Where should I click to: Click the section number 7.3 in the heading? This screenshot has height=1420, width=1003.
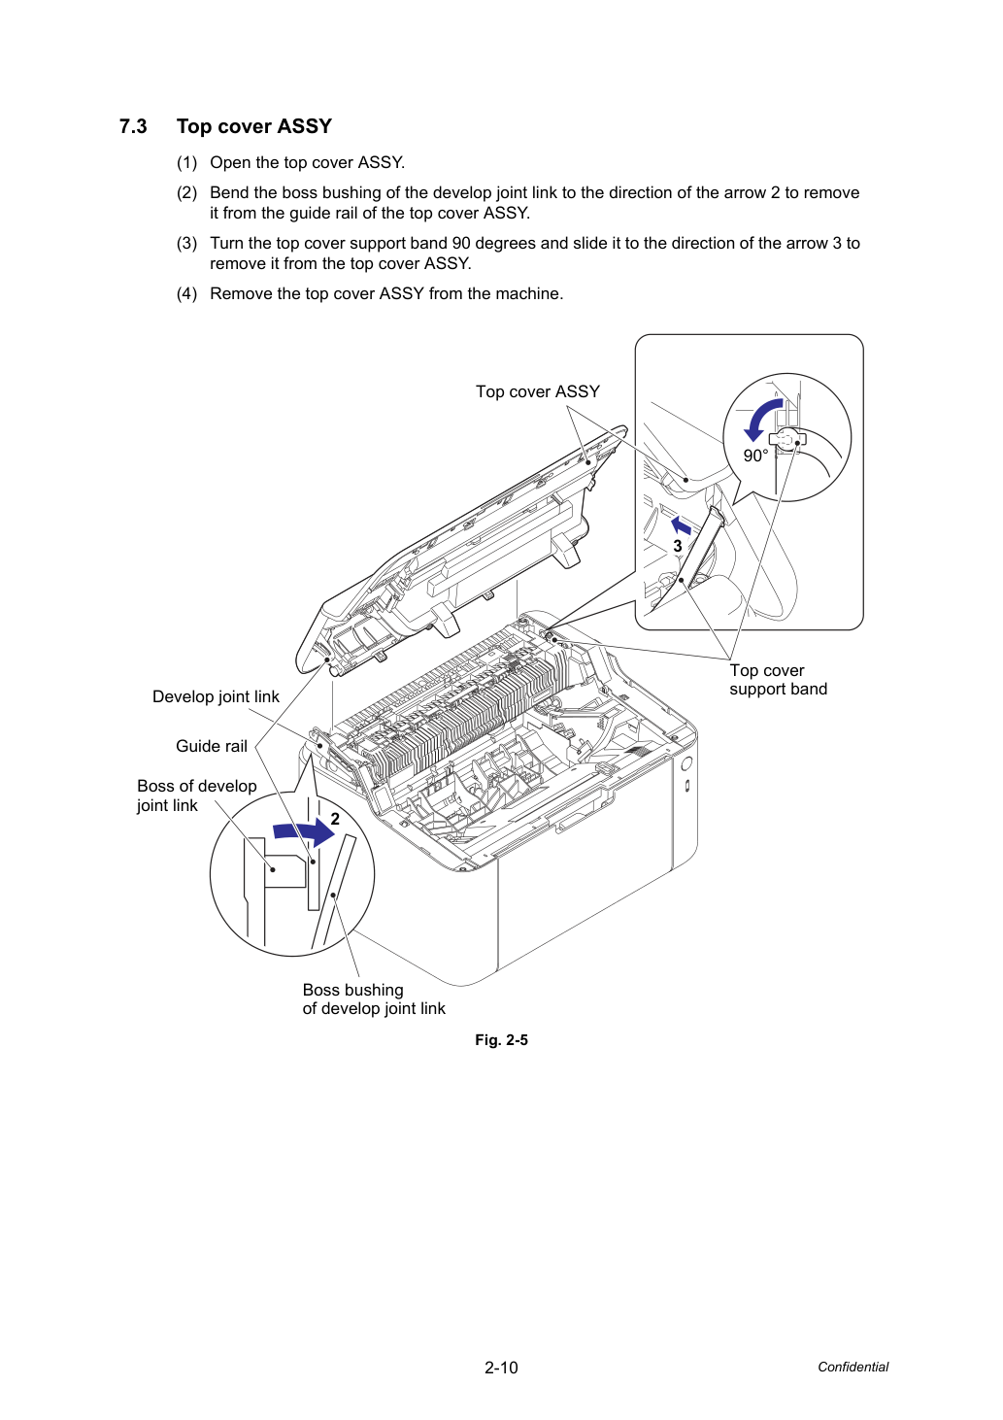point(133,126)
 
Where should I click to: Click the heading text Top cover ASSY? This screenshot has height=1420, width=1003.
point(254,126)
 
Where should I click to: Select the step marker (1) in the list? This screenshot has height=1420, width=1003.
point(187,163)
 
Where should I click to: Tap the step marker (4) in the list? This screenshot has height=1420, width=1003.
point(187,294)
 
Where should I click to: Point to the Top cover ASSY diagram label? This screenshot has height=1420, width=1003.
point(538,391)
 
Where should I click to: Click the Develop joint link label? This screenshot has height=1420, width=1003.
point(216,696)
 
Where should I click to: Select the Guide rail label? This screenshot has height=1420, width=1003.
point(212,746)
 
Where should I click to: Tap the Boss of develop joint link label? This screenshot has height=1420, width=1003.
point(196,795)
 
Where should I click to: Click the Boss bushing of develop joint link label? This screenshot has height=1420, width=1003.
point(374,999)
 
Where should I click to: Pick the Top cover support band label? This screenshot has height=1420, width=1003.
point(778,680)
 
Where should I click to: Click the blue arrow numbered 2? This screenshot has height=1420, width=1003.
point(304,831)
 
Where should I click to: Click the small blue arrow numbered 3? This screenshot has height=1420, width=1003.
point(682,524)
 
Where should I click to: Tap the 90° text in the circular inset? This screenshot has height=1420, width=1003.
point(755,456)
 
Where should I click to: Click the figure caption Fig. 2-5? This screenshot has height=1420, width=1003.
point(501,1040)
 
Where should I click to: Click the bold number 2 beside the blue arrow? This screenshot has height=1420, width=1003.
point(335,819)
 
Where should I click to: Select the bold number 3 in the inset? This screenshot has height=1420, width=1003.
point(678,546)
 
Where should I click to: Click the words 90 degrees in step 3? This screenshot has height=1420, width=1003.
point(491,244)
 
